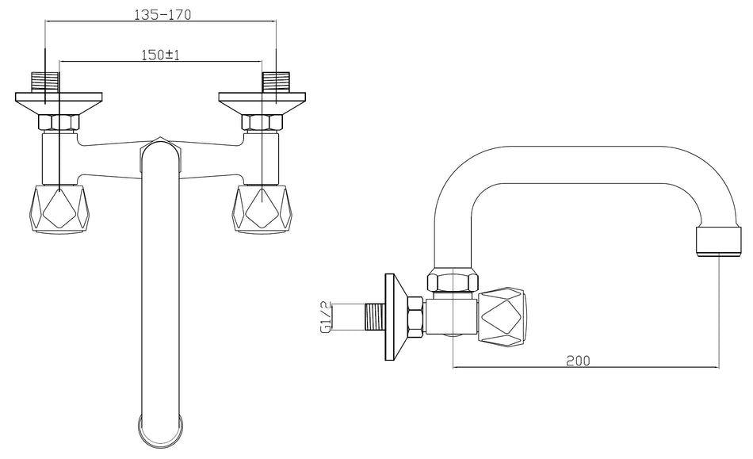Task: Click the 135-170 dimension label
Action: (x=162, y=15)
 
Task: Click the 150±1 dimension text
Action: (x=160, y=55)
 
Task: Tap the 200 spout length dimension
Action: (x=578, y=361)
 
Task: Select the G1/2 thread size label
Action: (x=326, y=317)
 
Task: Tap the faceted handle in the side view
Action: (x=502, y=317)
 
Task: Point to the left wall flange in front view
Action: (x=59, y=103)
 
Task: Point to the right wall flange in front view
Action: (x=262, y=103)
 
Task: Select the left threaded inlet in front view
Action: (x=45, y=82)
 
